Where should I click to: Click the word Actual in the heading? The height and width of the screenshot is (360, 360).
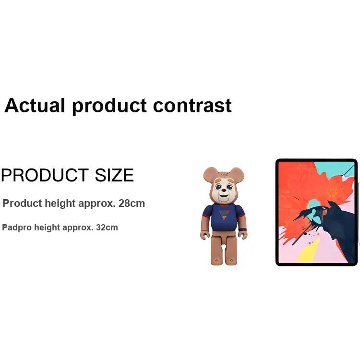[35, 106]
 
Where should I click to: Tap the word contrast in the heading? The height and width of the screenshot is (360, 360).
[192, 106]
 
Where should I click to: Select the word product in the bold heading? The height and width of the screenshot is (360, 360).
[109, 106]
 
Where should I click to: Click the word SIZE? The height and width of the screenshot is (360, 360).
[114, 175]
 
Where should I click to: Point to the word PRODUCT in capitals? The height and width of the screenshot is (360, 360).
[45, 175]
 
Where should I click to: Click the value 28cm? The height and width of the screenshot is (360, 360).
[132, 204]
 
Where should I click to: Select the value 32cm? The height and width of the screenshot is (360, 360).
[107, 228]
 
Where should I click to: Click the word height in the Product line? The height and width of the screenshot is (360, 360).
[60, 204]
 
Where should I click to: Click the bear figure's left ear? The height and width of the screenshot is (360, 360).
[210, 175]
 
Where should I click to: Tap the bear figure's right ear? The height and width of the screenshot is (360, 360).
[237, 175]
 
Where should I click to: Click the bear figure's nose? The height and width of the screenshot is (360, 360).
[223, 191]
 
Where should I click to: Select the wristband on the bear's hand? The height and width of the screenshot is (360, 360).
[242, 229]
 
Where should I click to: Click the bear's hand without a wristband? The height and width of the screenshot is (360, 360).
[205, 235]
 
